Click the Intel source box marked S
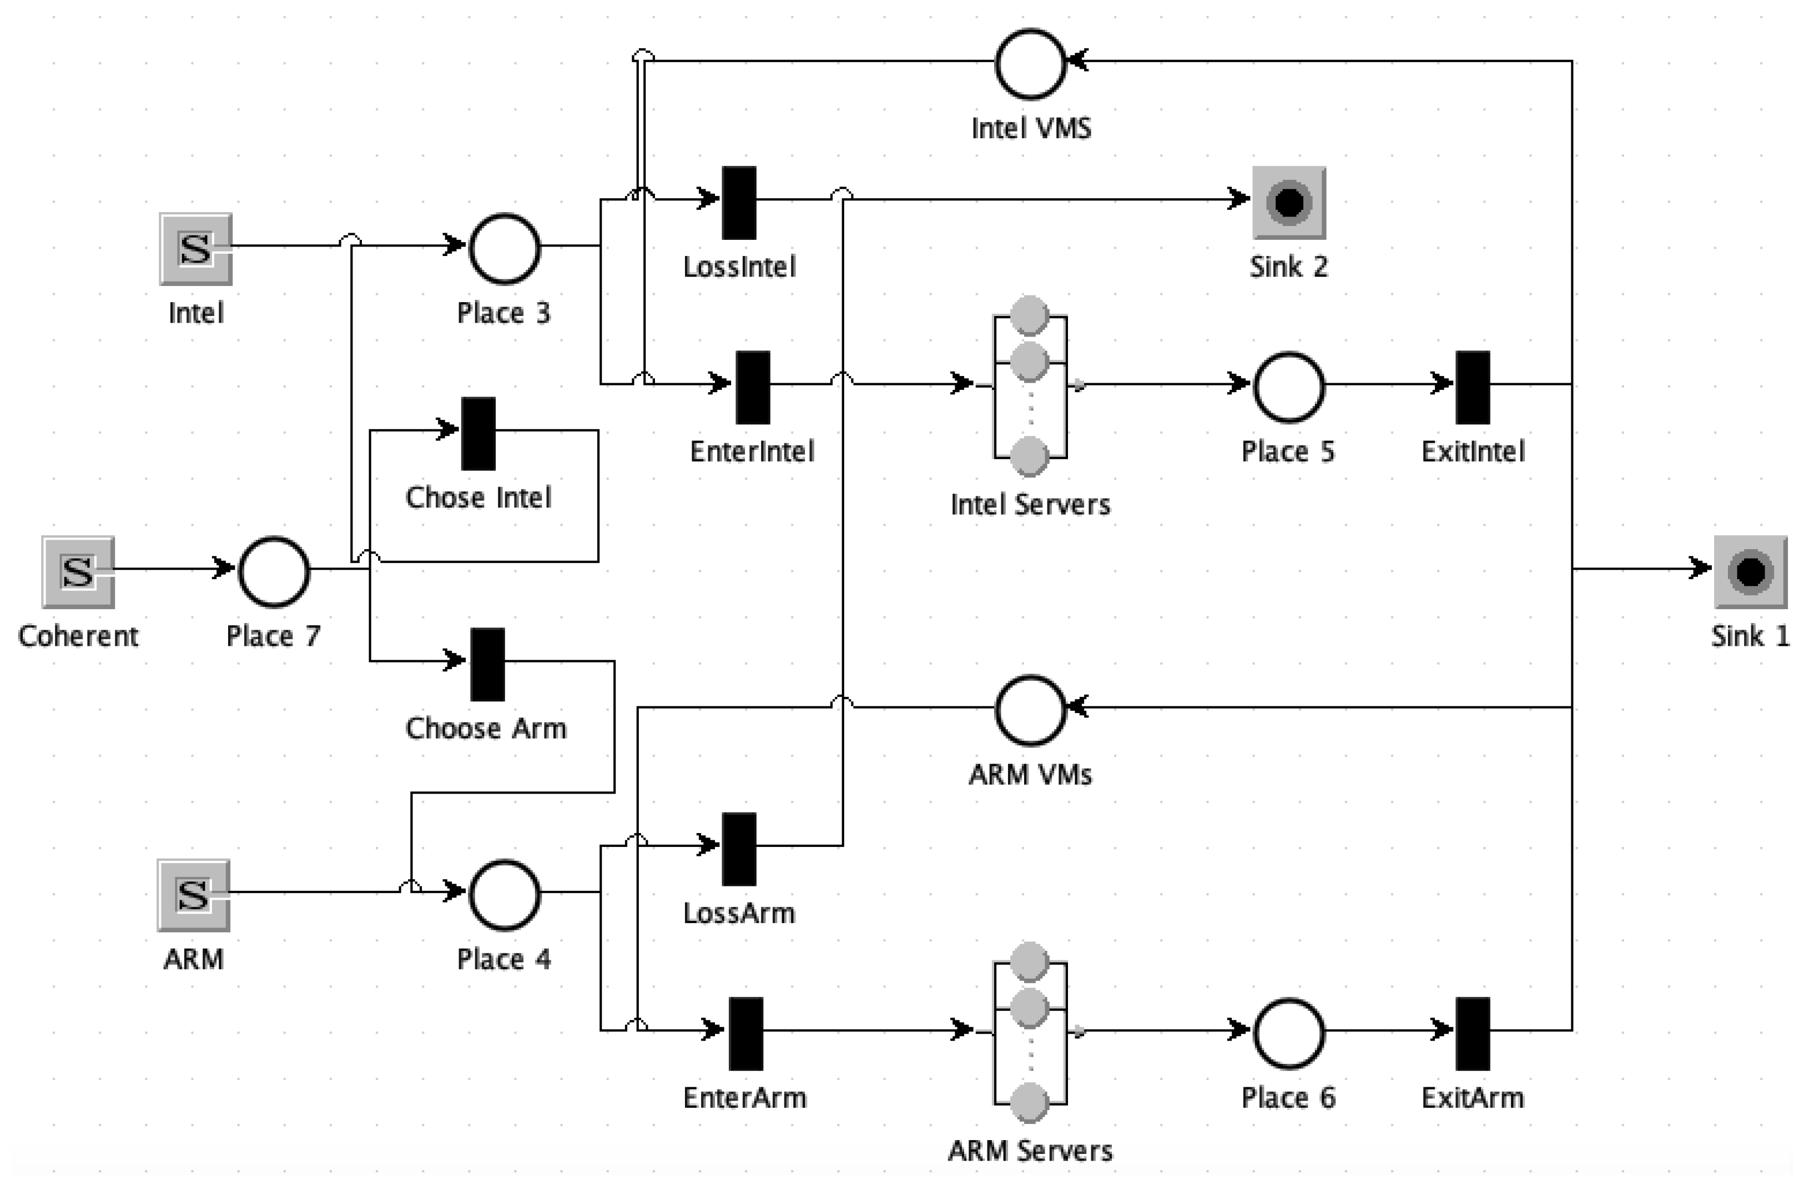pos(195,249)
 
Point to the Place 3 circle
pos(505,249)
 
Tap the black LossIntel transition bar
pos(739,202)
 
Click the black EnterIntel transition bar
pos(753,387)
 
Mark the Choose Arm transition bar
pos(487,664)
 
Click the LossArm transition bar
pos(739,849)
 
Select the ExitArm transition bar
pos(1472,1033)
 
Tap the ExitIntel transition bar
pos(1472,387)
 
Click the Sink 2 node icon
pos(1289,202)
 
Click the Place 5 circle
pos(1288,387)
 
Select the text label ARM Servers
pos(1030,1151)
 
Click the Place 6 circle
pos(1288,1033)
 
